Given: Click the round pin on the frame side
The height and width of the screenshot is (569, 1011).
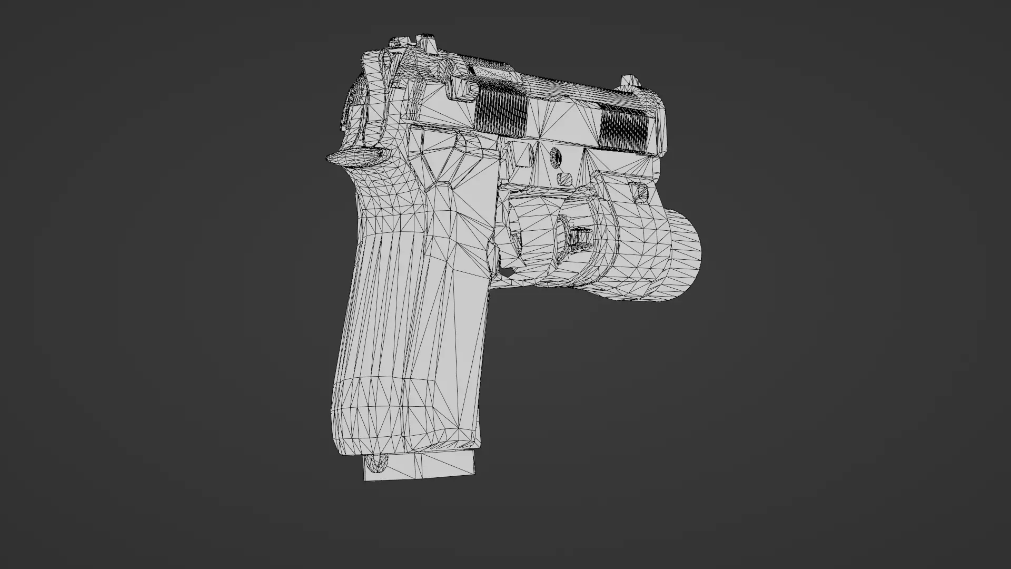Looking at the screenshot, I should click(x=556, y=156).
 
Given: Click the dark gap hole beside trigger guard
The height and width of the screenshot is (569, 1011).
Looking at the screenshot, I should click(x=507, y=272).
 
